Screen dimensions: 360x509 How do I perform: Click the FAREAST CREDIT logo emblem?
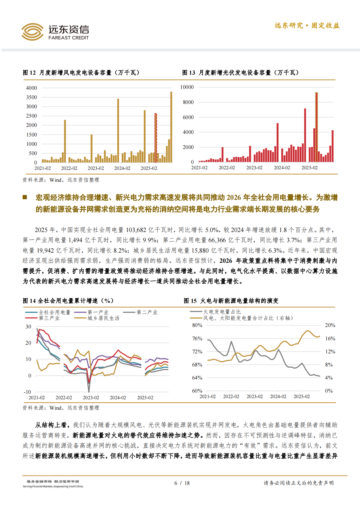tap(32, 32)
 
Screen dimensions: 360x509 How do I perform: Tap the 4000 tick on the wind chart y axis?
tap(32, 88)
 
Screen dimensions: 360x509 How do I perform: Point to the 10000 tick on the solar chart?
tap(187, 87)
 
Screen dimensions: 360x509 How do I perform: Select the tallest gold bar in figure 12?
tap(171, 127)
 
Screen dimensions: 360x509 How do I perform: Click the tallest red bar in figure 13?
tap(316, 127)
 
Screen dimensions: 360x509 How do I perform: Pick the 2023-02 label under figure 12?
tap(96, 168)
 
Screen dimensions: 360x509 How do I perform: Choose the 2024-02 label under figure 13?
tap(282, 168)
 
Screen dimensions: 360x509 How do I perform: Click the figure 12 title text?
tap(81, 73)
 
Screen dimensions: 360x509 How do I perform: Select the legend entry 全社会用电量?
tap(55, 312)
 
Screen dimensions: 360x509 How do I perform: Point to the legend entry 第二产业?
tap(147, 312)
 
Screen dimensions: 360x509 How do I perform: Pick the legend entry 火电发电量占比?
tap(222, 312)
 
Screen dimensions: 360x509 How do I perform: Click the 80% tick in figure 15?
tap(197, 325)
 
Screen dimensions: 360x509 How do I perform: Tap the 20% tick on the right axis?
tap(330, 325)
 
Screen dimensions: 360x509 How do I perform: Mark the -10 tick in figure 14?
tap(28, 392)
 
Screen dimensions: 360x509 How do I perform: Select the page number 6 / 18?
tap(182, 483)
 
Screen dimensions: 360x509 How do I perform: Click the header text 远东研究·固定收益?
tap(307, 26)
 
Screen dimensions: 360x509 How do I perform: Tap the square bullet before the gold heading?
tap(25, 197)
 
